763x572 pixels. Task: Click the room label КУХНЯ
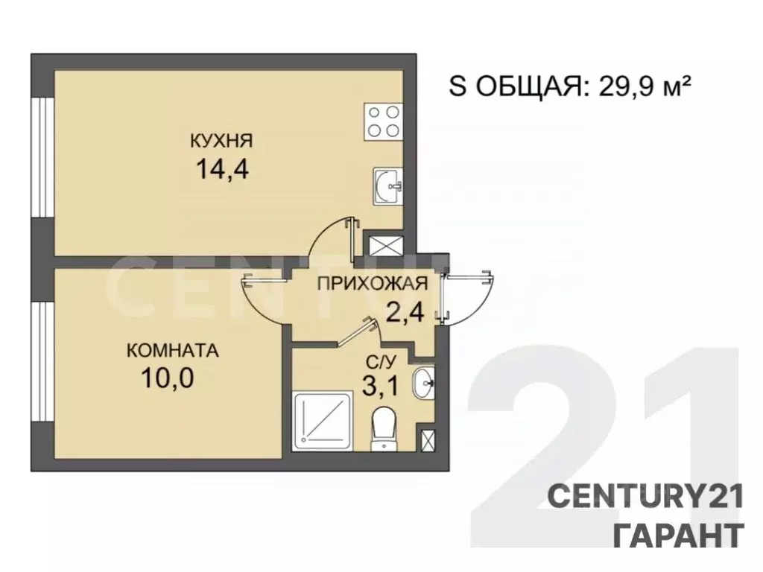(x=222, y=140)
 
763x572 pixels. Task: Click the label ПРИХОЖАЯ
(x=372, y=283)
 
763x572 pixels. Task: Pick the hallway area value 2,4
(x=405, y=310)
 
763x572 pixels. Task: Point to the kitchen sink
(x=387, y=185)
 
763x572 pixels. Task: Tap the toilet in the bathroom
(x=384, y=427)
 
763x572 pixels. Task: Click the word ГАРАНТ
(x=677, y=535)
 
